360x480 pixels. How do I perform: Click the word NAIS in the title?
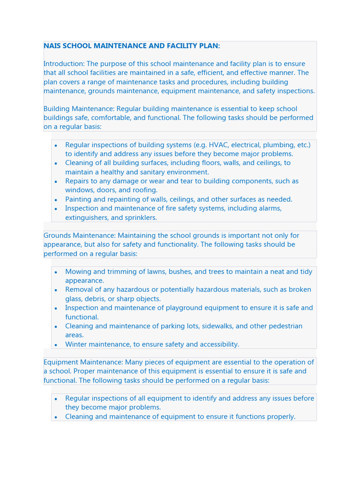pyautogui.click(x=52, y=46)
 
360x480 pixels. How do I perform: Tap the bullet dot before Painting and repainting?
pyautogui.click(x=56, y=200)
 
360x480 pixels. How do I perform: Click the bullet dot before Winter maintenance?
pyautogui.click(x=56, y=345)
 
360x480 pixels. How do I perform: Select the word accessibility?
pyautogui.click(x=217, y=345)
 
